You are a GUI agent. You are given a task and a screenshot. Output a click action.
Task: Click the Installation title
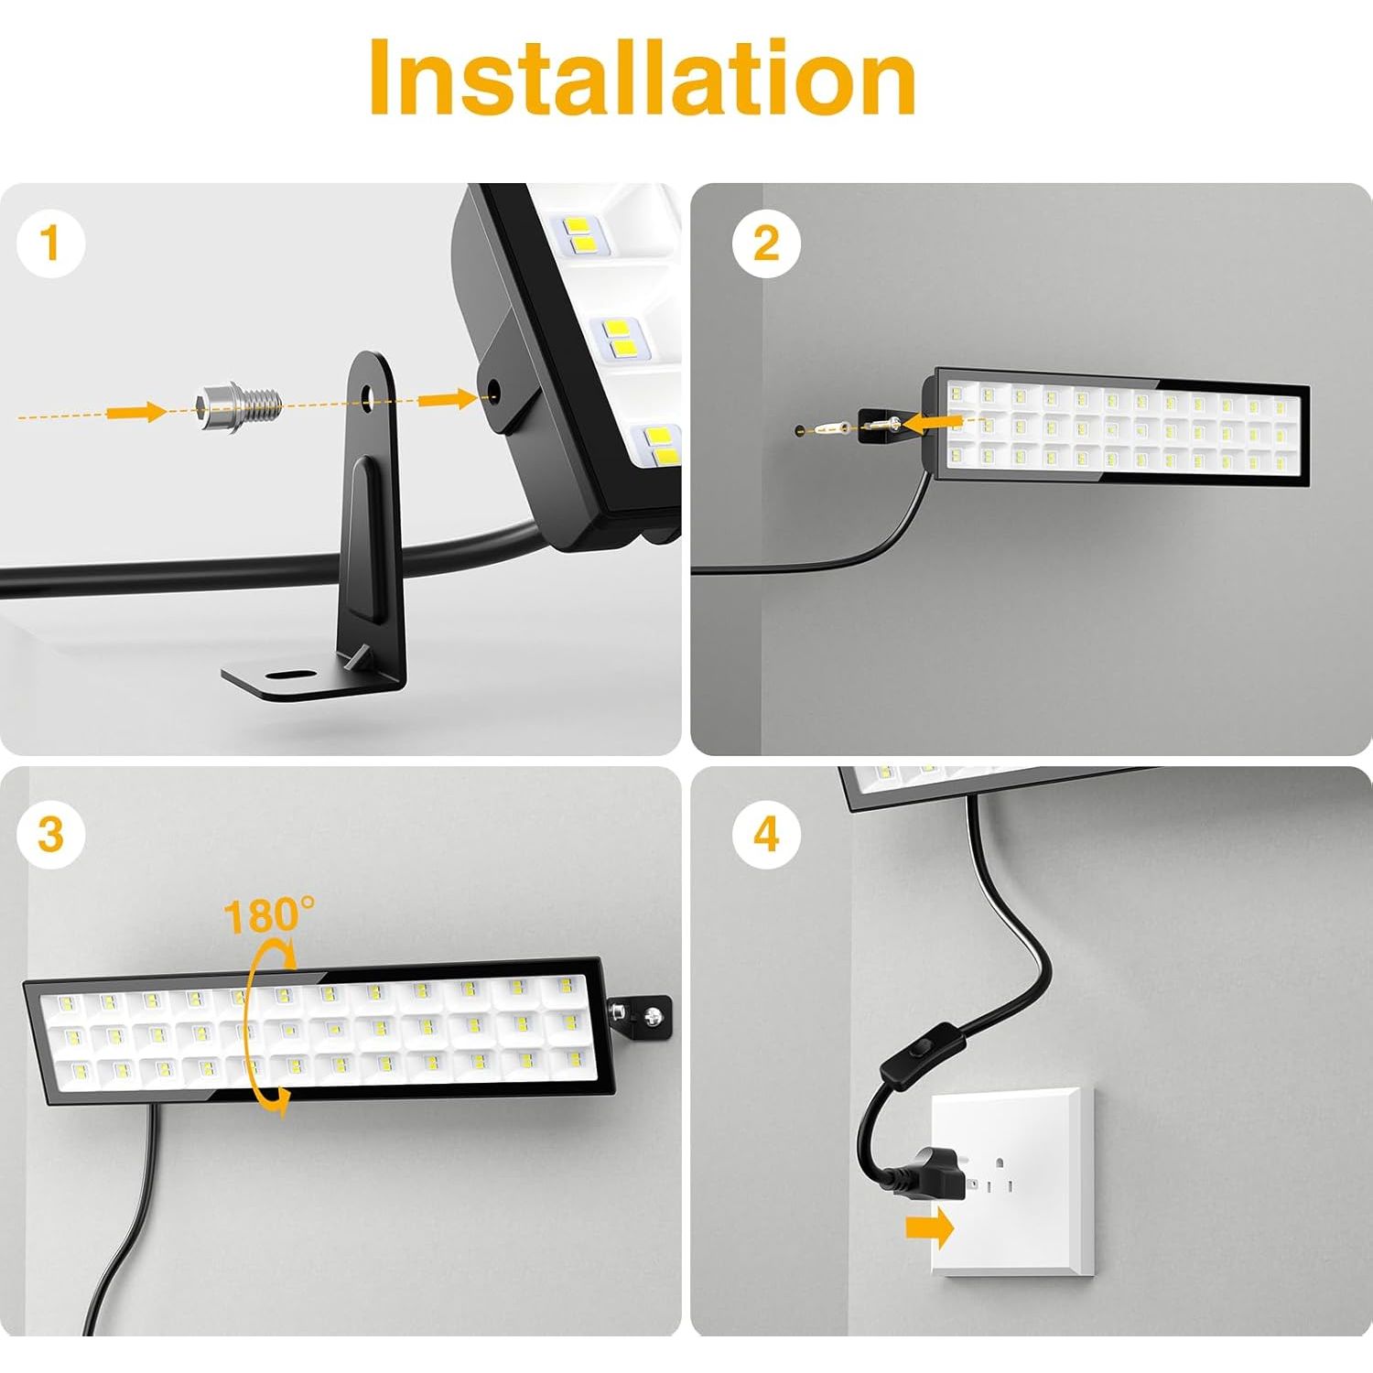pyautogui.click(x=643, y=78)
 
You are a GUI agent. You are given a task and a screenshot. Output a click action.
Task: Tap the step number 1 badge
pyautogui.click(x=51, y=244)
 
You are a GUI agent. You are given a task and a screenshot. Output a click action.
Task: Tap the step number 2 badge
pyautogui.click(x=766, y=244)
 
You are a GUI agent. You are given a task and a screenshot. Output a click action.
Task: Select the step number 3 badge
pyautogui.click(x=51, y=835)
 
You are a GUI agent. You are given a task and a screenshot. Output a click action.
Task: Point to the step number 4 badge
pyautogui.click(x=766, y=835)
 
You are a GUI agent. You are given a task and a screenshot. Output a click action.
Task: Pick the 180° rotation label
pyautogui.click(x=268, y=915)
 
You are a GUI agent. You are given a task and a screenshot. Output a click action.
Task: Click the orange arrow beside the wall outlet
pyautogui.click(x=930, y=1229)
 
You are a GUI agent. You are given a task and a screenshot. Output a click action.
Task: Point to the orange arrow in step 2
pyautogui.click(x=934, y=421)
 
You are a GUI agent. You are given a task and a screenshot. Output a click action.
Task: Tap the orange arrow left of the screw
pyautogui.click(x=137, y=412)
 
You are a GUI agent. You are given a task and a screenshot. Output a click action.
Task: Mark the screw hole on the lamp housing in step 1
pyautogui.click(x=494, y=393)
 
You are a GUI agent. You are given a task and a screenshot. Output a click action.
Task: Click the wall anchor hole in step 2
pyautogui.click(x=801, y=428)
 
